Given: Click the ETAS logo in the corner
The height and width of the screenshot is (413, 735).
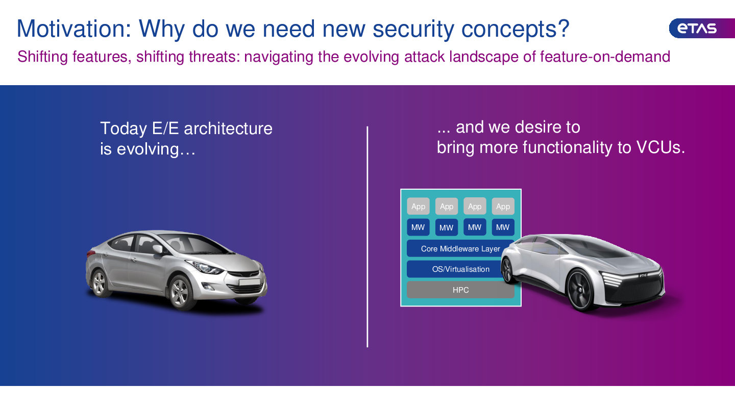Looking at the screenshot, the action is (x=701, y=28).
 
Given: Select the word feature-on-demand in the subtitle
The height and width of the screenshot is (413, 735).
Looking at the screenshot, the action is (x=605, y=57).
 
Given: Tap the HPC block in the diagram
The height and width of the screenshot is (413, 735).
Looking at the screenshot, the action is (x=460, y=290).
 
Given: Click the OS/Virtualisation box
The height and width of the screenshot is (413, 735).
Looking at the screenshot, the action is (x=460, y=269).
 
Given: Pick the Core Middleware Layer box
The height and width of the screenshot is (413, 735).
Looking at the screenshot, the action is (x=460, y=248).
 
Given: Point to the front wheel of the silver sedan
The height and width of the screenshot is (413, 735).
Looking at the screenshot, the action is (x=180, y=293).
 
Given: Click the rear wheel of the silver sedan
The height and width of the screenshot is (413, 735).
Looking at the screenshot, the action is (x=100, y=282).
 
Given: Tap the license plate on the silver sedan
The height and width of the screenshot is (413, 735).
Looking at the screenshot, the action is (x=250, y=282).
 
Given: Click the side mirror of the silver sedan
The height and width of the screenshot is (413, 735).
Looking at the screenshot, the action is (x=158, y=249).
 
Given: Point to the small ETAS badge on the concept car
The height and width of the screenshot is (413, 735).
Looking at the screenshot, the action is (x=643, y=275).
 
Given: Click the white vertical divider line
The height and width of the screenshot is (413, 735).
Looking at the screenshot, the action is (x=367, y=237).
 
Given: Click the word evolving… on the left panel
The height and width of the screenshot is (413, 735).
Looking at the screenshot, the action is (x=156, y=149).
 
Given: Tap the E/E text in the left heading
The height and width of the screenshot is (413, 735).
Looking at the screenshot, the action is (x=165, y=128).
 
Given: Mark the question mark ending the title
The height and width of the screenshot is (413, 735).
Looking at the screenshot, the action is (x=563, y=28).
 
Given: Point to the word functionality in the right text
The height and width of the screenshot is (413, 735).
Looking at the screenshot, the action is (x=568, y=147).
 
